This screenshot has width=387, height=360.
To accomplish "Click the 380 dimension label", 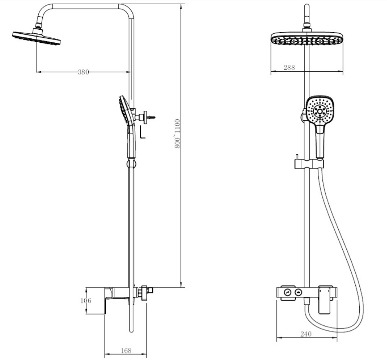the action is click(x=83, y=72).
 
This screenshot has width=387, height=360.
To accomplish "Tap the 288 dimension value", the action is click(x=289, y=68).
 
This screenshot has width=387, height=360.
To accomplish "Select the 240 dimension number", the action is click(x=306, y=334).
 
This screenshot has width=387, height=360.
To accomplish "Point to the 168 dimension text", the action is click(x=126, y=351).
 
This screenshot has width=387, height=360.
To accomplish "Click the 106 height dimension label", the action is click(x=86, y=301).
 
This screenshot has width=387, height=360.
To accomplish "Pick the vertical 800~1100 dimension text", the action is click(x=177, y=134).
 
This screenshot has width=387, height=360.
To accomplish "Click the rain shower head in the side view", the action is click(x=36, y=38).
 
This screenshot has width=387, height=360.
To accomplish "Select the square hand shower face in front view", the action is click(x=320, y=111).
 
